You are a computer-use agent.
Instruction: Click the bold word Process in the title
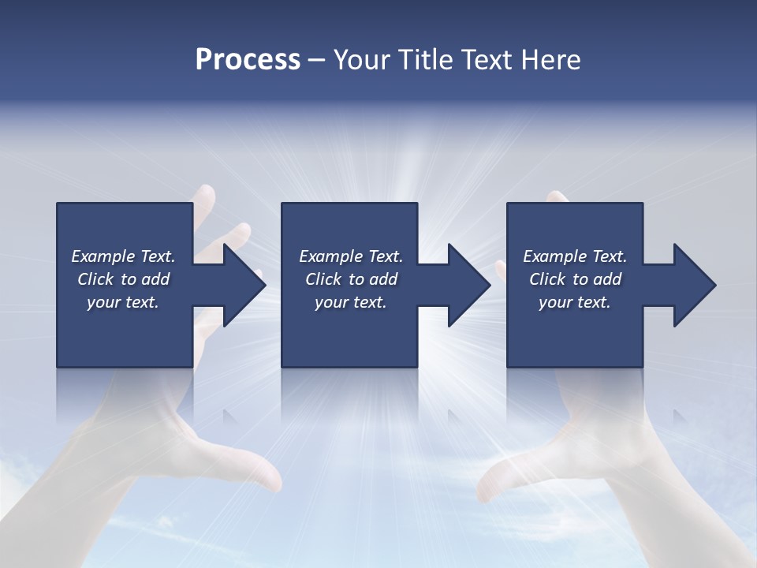248,60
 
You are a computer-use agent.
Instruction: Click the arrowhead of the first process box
245,286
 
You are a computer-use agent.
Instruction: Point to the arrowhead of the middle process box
470,286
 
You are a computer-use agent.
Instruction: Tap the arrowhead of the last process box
695,286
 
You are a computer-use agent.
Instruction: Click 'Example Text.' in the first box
123,256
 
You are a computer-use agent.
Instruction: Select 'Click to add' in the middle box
351,279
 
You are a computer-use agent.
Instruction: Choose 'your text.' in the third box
574,302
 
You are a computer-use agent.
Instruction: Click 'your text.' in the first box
123,302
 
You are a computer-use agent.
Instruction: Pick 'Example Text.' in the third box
575,256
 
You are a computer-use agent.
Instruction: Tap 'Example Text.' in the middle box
351,256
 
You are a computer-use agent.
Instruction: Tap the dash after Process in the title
317,60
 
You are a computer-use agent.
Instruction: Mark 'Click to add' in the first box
123,279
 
